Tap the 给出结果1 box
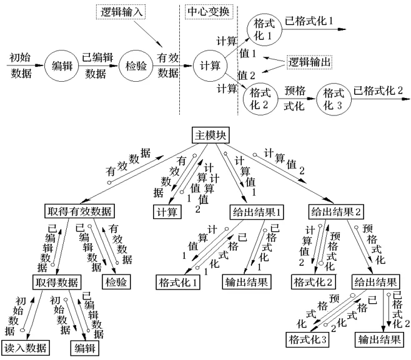click(x=258, y=210)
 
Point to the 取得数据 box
click(x=54, y=280)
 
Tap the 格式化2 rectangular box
click(x=310, y=282)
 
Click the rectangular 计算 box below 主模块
click(x=166, y=211)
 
